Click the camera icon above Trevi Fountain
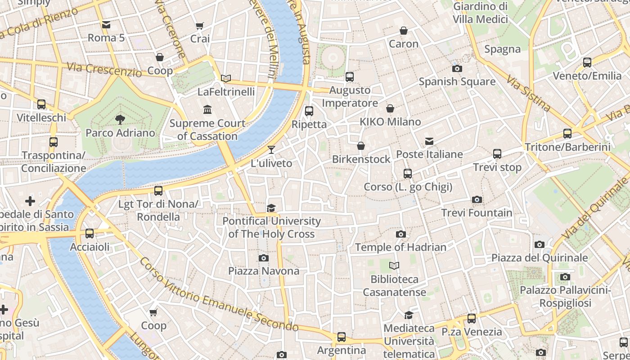point(477,199)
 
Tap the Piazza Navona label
point(264,271)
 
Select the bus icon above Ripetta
point(309,111)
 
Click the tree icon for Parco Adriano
point(120,120)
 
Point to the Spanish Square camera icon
point(457,68)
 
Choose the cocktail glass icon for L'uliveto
point(271,150)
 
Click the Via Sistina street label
point(528,94)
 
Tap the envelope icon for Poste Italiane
point(429,141)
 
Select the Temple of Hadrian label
point(400,247)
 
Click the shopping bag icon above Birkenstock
point(360,146)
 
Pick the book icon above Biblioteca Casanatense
point(394,266)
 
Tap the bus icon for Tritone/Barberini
point(567,134)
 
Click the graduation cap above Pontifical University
point(271,208)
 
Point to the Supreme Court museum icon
point(207,110)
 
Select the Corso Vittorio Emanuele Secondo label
point(219,296)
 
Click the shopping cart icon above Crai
point(200,26)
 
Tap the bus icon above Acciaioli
point(90,234)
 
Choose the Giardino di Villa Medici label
point(480,13)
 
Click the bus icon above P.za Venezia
point(471,319)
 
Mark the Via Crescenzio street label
point(104,69)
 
